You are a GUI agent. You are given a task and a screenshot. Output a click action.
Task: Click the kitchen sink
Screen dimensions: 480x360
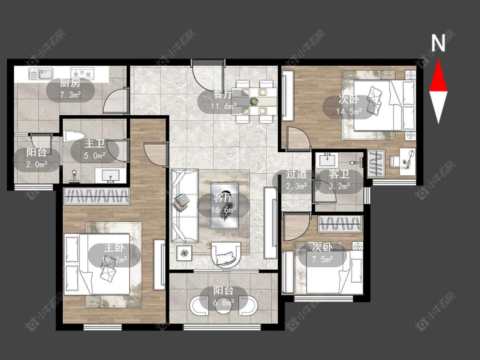41,74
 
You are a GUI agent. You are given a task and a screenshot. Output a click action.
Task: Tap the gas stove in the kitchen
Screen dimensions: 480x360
82,73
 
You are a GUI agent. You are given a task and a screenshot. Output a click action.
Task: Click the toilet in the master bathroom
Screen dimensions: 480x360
74,136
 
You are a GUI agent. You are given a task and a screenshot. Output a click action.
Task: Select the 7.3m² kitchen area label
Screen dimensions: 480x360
70,95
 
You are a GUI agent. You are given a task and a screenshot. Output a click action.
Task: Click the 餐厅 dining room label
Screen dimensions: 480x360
224,94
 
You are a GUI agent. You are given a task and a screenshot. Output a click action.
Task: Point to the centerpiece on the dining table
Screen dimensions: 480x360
254,102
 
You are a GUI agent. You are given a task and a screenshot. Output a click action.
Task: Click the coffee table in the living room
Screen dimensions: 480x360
224,206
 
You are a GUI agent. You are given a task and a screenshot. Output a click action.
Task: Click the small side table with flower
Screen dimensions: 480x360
185,253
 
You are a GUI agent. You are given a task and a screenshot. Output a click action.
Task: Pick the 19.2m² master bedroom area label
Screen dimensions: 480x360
114,260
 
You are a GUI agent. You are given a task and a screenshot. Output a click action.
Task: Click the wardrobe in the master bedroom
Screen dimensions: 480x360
96,196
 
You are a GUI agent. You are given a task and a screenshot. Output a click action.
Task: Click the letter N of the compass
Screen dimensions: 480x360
438,43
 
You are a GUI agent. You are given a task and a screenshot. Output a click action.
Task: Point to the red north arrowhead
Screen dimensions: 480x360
438,75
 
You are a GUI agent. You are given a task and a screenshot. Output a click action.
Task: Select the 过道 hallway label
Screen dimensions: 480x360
297,174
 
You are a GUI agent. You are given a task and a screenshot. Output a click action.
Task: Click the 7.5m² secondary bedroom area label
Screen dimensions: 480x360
323,260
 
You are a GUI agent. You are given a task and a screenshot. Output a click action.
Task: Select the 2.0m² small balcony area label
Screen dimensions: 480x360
37,164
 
